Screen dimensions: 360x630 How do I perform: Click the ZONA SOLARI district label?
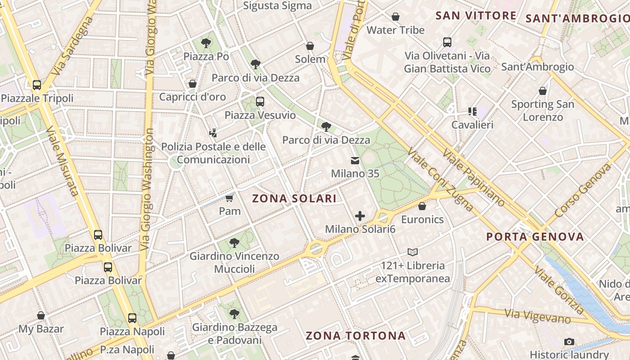294,198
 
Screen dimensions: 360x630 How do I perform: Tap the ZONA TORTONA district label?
355,336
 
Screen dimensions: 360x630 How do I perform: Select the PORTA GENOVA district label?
535,237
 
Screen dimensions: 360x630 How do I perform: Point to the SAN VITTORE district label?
476,16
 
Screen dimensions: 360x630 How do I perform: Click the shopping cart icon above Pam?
229,198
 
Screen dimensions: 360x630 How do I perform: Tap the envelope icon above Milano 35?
355,161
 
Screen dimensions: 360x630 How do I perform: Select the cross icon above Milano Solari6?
360,216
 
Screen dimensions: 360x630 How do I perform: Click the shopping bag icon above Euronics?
422,207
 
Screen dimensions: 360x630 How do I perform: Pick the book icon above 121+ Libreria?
413,252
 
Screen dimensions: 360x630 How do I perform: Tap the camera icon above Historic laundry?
569,342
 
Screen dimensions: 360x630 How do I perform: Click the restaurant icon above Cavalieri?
472,111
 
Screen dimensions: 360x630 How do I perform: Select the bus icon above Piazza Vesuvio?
260,102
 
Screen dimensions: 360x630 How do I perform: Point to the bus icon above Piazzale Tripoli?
37,85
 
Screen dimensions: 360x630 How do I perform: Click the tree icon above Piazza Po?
206,43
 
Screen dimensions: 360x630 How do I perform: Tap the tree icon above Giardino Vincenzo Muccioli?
234,243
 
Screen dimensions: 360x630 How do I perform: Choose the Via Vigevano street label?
537,316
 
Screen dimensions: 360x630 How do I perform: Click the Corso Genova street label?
584,190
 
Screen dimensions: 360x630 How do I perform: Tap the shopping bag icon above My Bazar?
41,315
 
